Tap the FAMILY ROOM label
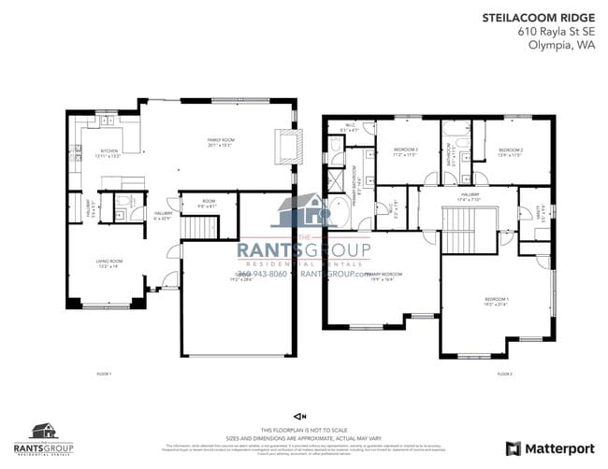(x=223, y=142)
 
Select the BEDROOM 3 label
(x=404, y=150)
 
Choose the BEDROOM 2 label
(x=510, y=150)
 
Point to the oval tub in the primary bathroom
(x=337, y=210)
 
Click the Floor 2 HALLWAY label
(x=468, y=197)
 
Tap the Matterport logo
(x=550, y=448)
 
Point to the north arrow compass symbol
(x=298, y=416)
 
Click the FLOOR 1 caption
(x=104, y=374)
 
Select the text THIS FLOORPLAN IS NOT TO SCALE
(x=298, y=428)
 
